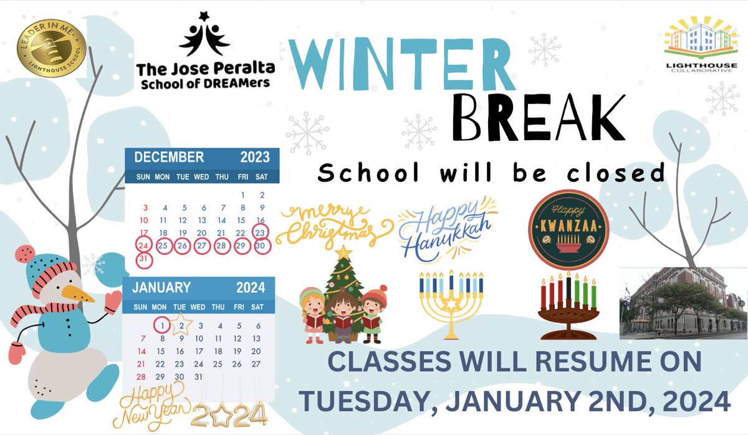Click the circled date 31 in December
click(x=144, y=258)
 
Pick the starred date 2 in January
click(x=181, y=325)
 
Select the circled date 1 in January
click(x=161, y=325)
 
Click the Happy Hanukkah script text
click(x=445, y=227)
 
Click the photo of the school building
click(x=683, y=303)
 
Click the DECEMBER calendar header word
click(x=169, y=157)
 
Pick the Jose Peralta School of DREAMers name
click(x=206, y=75)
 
